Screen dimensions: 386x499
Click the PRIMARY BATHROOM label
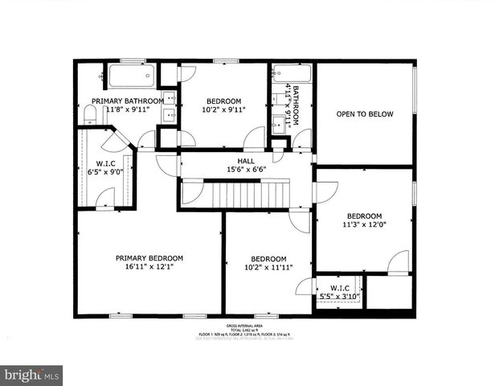tap(128, 101)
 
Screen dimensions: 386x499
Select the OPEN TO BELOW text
tap(365, 114)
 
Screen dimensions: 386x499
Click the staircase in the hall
tap(249, 193)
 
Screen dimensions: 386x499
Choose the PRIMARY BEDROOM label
tap(149, 258)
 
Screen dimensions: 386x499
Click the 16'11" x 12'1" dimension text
tap(149, 268)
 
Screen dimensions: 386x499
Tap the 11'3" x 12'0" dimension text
tap(364, 226)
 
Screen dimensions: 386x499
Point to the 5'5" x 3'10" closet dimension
tap(339, 297)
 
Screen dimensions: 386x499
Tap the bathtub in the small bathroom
tap(284, 74)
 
